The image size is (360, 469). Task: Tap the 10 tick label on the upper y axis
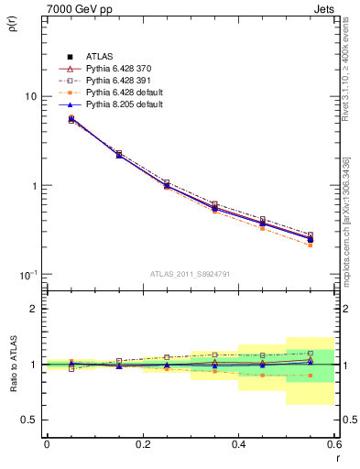click(x=30, y=96)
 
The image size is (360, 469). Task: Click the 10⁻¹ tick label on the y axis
click(x=28, y=275)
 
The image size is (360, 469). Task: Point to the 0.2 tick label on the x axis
click(x=142, y=443)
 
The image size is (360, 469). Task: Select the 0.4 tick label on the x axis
click(x=238, y=443)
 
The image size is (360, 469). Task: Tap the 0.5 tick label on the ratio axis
click(x=29, y=420)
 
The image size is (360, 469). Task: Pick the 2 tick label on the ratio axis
click(x=34, y=309)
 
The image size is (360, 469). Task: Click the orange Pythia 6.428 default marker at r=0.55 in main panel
click(x=311, y=245)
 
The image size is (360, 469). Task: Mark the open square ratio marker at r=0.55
click(x=311, y=353)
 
